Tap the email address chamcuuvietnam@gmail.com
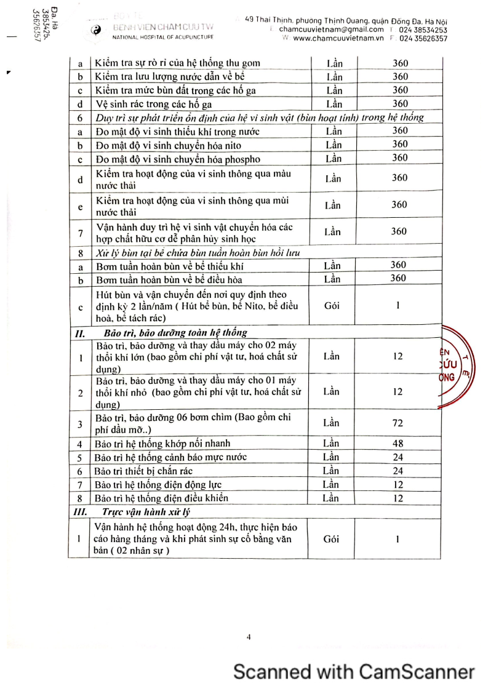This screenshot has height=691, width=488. [331, 29]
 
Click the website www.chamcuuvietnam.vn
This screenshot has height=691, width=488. [338, 38]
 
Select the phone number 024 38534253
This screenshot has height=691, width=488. [423, 29]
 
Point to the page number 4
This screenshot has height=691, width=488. [249, 637]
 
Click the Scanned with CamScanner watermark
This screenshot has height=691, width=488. [354, 671]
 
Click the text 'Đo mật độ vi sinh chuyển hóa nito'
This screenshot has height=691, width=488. [168, 145]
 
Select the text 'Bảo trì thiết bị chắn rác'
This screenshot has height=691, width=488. [146, 471]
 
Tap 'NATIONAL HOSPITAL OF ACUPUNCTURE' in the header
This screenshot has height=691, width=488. [163, 38]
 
